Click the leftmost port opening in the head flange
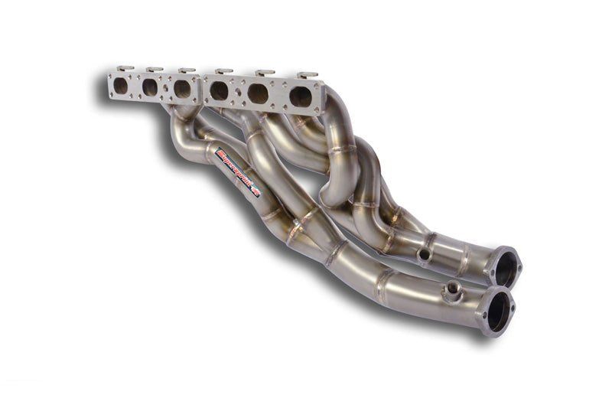click(121, 86)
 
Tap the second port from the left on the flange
click(150, 87)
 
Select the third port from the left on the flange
click(182, 89)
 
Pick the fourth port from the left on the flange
click(219, 91)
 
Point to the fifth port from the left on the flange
click(258, 93)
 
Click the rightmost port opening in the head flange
click(301, 96)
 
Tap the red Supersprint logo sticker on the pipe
click(238, 172)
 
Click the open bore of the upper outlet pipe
click(506, 269)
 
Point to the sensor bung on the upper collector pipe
click(423, 253)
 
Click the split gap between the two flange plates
click(201, 89)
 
